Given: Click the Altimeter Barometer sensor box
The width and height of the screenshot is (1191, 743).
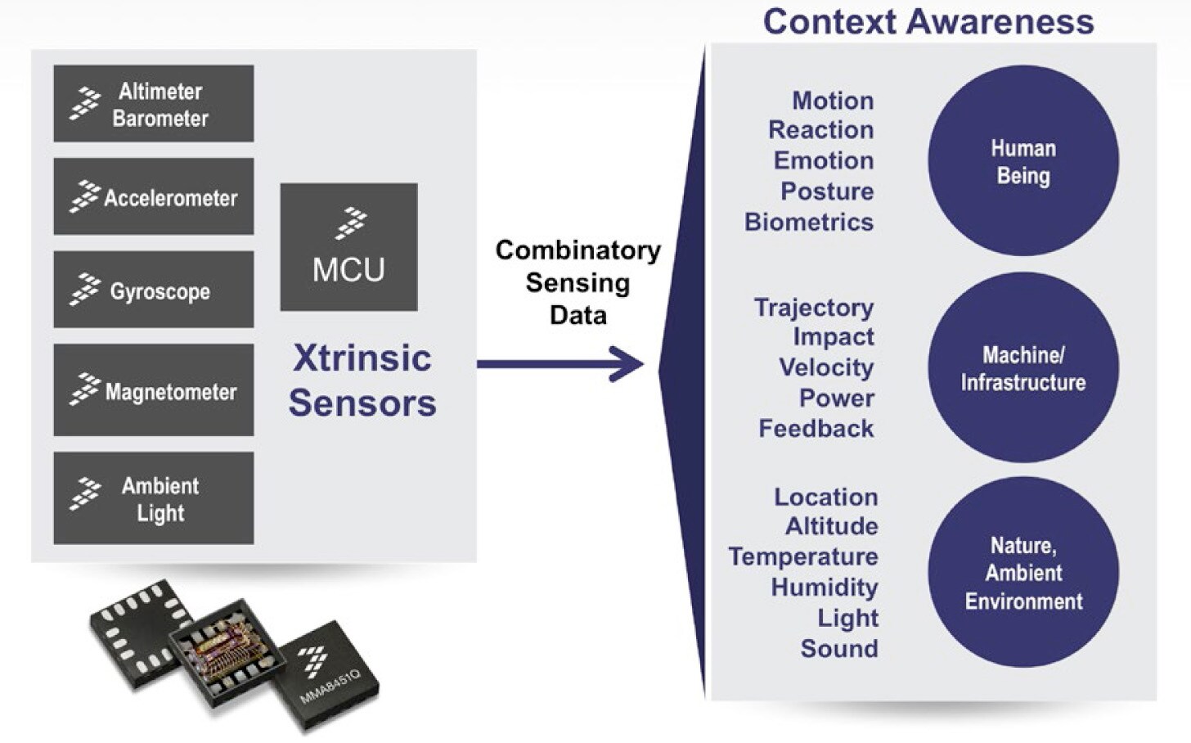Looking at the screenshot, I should pos(154,104).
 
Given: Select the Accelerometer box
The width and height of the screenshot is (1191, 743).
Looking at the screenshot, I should pos(154,197).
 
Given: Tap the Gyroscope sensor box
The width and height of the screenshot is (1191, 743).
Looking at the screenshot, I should pos(154,290).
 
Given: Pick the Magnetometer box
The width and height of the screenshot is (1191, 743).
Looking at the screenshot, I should pos(154,390).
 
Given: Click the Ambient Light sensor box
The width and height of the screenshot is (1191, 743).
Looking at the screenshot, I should pos(154,498).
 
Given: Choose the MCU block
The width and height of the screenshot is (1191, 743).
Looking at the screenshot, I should pos(348,247).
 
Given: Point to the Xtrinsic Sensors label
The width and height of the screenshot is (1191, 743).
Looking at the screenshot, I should pos(362,381).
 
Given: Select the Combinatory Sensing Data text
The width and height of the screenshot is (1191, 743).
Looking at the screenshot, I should pos(578,282).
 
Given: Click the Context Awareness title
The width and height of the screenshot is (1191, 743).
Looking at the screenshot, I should pos(928,21).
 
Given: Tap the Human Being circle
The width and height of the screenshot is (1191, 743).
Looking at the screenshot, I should pos(1022,161).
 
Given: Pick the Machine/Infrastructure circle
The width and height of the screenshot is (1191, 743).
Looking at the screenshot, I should pos(1022,368).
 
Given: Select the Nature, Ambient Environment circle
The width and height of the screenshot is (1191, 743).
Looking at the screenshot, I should pos(1022,573).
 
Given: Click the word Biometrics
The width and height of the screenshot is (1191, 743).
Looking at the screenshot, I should pos(809,223).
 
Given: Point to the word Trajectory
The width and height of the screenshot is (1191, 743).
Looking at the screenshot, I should pos(814,308).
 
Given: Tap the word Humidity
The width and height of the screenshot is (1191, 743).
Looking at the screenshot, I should pos(825,588).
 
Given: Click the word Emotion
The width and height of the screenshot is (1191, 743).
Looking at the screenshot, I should pos(824,160).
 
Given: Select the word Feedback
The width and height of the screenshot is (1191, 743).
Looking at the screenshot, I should pos(816,429).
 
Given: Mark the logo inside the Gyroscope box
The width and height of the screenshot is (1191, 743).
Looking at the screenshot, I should pos(84,290).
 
